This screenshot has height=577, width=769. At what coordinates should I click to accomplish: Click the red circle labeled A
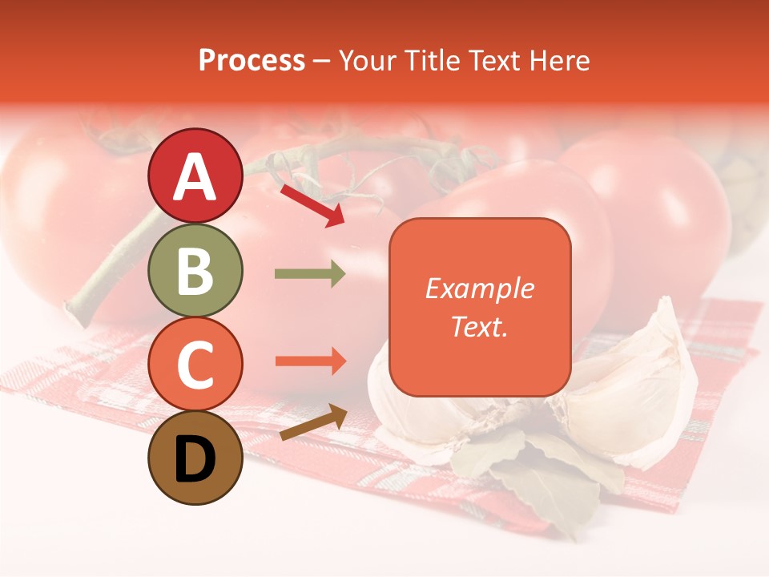pyautogui.click(x=195, y=176)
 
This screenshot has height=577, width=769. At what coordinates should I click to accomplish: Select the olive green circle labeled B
pyautogui.click(x=195, y=270)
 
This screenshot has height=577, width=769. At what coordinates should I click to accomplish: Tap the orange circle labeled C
pyautogui.click(x=195, y=365)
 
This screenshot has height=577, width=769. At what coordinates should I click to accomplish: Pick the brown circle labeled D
pyautogui.click(x=195, y=458)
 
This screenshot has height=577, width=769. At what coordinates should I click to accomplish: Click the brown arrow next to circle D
pyautogui.click(x=313, y=422)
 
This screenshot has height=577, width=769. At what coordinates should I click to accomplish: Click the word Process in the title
pyautogui.click(x=252, y=61)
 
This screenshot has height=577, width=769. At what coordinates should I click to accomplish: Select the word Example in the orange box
pyautogui.click(x=479, y=288)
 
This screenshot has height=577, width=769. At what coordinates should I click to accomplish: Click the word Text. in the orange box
pyautogui.click(x=479, y=326)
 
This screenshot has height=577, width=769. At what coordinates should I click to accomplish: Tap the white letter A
pyautogui.click(x=195, y=176)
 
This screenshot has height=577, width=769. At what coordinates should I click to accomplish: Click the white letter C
pyautogui.click(x=195, y=365)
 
